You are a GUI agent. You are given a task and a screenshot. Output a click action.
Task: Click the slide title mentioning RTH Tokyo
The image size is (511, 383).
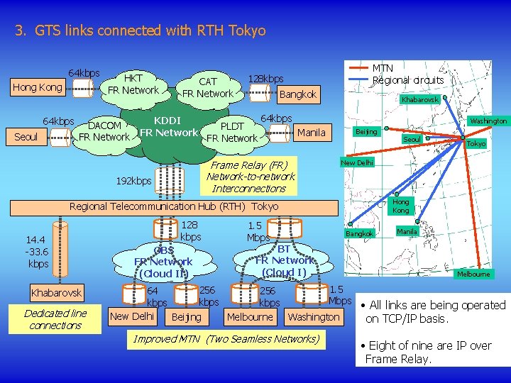[x=140, y=30]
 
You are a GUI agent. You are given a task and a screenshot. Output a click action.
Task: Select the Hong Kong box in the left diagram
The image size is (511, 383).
[x=37, y=88]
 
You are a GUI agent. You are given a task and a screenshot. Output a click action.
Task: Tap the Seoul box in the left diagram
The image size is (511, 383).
[x=26, y=137]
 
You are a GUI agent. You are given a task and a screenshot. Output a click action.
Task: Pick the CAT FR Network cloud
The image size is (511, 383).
[x=207, y=88]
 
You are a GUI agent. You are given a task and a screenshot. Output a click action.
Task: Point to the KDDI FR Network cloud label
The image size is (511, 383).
[x=168, y=126]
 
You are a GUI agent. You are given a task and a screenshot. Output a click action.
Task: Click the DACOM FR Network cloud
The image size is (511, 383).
[x=104, y=131]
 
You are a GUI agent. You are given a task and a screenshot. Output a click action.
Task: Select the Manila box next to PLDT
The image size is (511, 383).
[x=312, y=133]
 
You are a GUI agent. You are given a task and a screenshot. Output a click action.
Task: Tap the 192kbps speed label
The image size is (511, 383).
[x=133, y=181]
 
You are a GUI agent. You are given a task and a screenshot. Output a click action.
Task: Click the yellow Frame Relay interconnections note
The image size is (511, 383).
[x=250, y=177]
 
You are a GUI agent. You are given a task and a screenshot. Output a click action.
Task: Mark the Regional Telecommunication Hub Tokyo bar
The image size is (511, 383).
[x=174, y=206]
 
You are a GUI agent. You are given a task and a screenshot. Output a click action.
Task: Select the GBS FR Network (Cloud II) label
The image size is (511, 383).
[x=163, y=262]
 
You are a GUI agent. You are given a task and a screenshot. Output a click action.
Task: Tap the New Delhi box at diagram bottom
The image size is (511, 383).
[x=133, y=316]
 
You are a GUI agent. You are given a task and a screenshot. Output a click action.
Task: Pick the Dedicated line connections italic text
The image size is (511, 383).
[x=55, y=319]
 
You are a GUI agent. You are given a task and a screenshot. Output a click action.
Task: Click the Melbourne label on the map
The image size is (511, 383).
[x=472, y=274]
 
